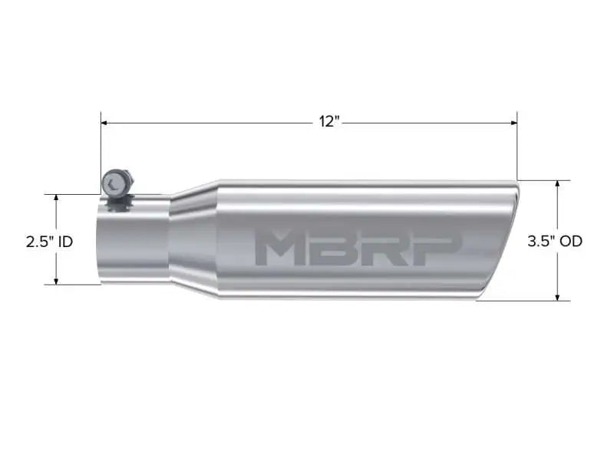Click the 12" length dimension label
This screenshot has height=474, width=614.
pyautogui.click(x=329, y=122)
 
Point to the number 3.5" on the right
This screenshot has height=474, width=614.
pyautogui.click(x=541, y=241)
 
